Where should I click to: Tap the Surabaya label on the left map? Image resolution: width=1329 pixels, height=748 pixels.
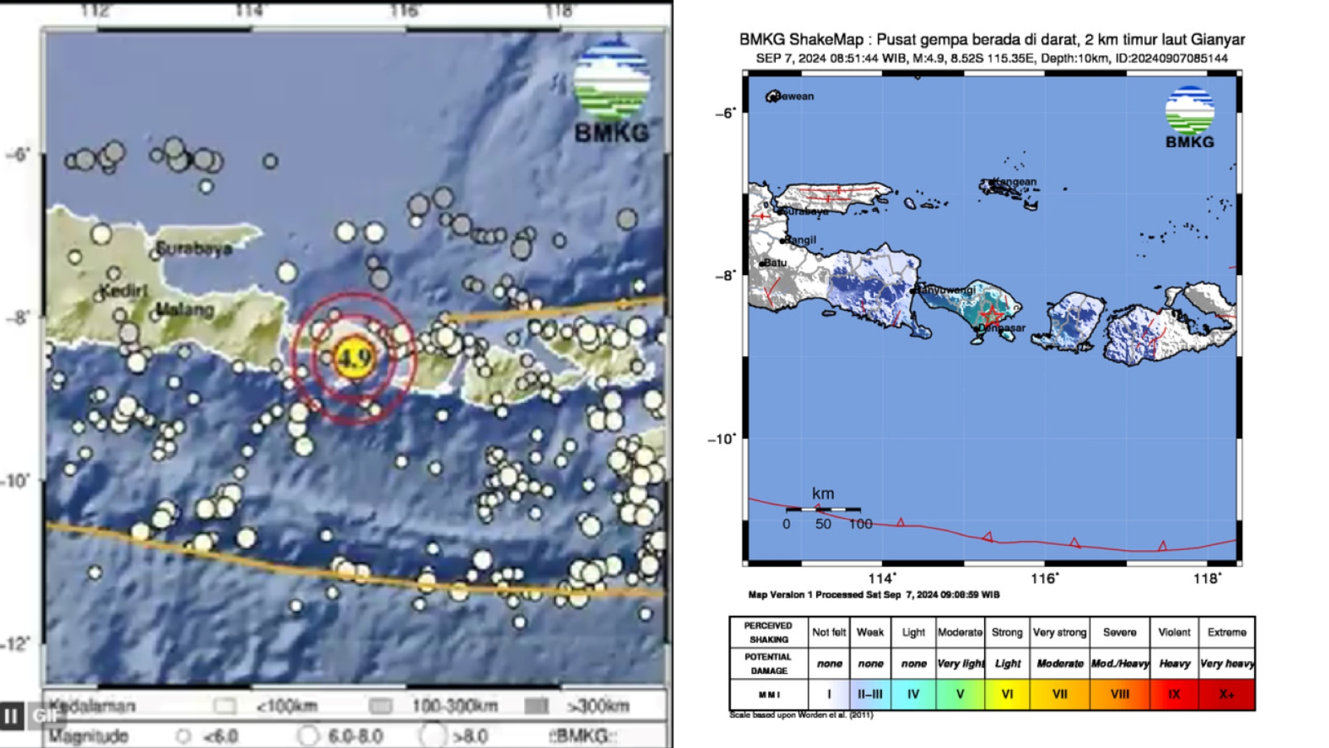point(194,248)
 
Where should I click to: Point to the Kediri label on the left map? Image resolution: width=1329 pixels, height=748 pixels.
point(124,290)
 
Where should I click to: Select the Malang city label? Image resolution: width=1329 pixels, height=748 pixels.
point(185,309)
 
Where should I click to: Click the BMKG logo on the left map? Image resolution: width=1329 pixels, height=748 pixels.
point(611,91)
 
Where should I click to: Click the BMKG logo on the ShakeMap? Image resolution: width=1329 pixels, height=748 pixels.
point(1190,117)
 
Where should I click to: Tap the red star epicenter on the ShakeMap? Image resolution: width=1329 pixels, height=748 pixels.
point(992,313)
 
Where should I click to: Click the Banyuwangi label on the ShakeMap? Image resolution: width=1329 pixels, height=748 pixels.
point(947,290)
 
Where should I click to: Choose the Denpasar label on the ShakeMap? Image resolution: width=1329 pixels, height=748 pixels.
point(1003,327)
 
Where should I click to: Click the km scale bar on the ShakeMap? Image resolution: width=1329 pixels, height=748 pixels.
point(823,509)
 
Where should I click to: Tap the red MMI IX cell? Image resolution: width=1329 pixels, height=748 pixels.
point(1174,694)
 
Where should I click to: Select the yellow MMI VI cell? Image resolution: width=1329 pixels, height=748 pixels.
point(1007,694)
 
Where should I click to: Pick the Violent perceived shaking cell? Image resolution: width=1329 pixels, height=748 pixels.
point(1174,633)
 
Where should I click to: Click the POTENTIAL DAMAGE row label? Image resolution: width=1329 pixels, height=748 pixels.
point(768,663)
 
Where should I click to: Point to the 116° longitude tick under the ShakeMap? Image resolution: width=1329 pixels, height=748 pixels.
point(1044,579)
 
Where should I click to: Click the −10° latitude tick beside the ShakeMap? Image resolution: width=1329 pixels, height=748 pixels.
point(722,439)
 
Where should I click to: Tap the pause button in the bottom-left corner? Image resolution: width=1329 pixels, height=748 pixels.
point(11,716)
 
